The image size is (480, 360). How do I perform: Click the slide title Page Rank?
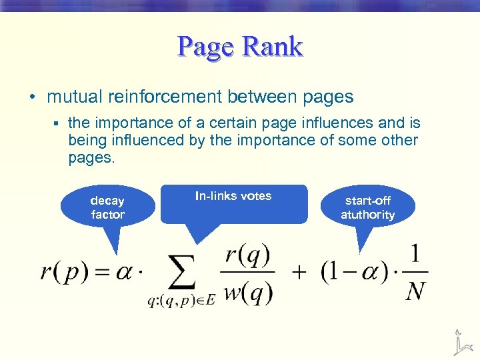[x=240, y=47]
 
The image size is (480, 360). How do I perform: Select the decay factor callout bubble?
[x=107, y=207]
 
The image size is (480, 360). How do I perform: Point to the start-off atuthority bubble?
[x=367, y=207]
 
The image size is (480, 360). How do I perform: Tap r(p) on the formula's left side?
[x=63, y=273]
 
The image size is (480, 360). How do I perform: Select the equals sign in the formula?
[x=101, y=273]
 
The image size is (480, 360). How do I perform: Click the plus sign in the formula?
[x=299, y=273]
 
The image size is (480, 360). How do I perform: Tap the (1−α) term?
[x=347, y=273]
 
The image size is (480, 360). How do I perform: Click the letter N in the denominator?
[x=416, y=291]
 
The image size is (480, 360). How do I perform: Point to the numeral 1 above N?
[x=416, y=254]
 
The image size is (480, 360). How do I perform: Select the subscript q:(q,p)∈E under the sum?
[x=181, y=301]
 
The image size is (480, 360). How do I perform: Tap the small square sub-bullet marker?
[x=58, y=123]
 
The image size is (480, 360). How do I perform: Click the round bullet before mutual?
[x=32, y=97]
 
